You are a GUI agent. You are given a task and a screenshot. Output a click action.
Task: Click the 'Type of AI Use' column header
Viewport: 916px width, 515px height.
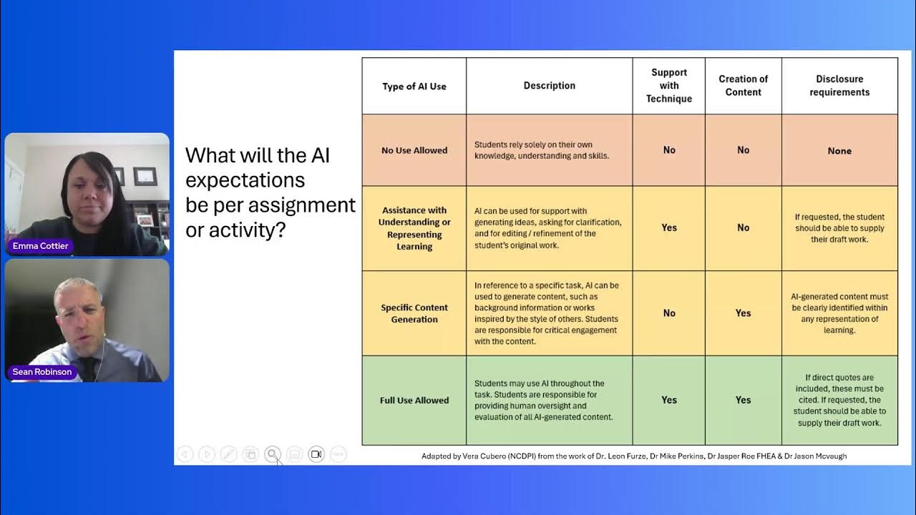coord(414,87)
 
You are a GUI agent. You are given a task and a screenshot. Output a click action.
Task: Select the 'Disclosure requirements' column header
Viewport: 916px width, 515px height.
coord(839,86)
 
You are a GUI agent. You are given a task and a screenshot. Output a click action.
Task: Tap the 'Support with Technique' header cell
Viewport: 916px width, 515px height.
coord(669,86)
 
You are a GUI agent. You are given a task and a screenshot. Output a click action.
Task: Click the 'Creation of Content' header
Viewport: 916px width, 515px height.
coord(743,86)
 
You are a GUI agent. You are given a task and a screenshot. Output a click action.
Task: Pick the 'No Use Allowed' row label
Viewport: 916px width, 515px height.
coord(414,150)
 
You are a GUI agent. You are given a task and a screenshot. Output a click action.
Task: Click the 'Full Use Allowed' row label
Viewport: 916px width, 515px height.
coord(414,401)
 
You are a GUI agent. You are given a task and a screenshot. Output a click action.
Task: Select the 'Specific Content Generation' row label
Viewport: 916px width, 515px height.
coord(414,313)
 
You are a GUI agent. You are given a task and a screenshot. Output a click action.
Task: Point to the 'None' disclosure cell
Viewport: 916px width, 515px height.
coord(839,151)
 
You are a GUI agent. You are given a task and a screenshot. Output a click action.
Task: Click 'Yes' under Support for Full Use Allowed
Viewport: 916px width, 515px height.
coord(669,401)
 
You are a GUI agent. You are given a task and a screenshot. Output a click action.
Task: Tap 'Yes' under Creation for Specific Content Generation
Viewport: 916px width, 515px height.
coord(743,313)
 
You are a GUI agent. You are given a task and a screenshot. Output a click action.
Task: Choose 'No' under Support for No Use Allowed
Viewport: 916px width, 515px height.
coord(669,150)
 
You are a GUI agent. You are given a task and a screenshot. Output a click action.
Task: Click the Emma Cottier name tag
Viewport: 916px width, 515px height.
coord(41,246)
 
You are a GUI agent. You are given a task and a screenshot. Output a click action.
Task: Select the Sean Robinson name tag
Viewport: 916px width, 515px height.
coord(42,372)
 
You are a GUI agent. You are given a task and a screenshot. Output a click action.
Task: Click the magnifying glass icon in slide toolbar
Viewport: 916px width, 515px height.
coord(272,454)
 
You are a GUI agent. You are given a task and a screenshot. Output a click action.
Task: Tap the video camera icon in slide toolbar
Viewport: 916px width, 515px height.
coord(316,454)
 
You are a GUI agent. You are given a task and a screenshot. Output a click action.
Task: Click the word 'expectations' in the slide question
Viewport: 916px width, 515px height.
coord(245,180)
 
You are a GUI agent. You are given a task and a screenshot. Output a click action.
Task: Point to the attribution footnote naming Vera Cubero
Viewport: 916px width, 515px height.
coord(633,456)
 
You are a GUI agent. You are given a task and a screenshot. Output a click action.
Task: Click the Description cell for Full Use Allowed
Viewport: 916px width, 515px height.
coord(549,401)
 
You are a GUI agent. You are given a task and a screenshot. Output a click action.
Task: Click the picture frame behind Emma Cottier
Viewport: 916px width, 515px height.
coord(145,176)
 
